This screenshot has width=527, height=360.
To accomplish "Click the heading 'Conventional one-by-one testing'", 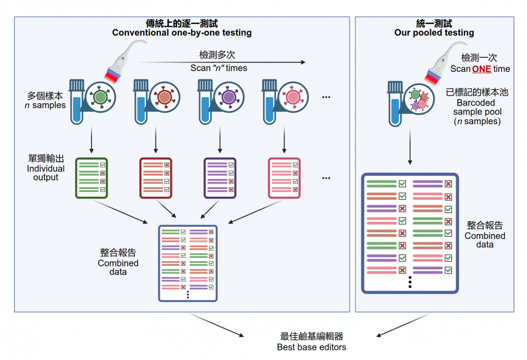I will pos(182,32).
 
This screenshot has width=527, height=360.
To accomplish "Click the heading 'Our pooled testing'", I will pos(434,32).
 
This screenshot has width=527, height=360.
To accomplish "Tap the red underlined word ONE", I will pos(481,69).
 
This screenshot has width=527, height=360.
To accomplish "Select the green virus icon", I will pos(100,97).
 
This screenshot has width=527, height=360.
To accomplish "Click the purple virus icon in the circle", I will pos(228,97).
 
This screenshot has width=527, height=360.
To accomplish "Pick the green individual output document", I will pos(92,178).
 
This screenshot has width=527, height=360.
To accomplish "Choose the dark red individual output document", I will pos(155,178).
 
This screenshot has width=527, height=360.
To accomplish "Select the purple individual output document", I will pos(220,178).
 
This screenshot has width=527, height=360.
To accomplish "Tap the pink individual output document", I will pos(284,178).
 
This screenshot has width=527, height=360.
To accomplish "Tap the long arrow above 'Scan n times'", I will pos(222,61).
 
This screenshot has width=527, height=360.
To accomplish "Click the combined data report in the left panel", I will pos(187,263).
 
